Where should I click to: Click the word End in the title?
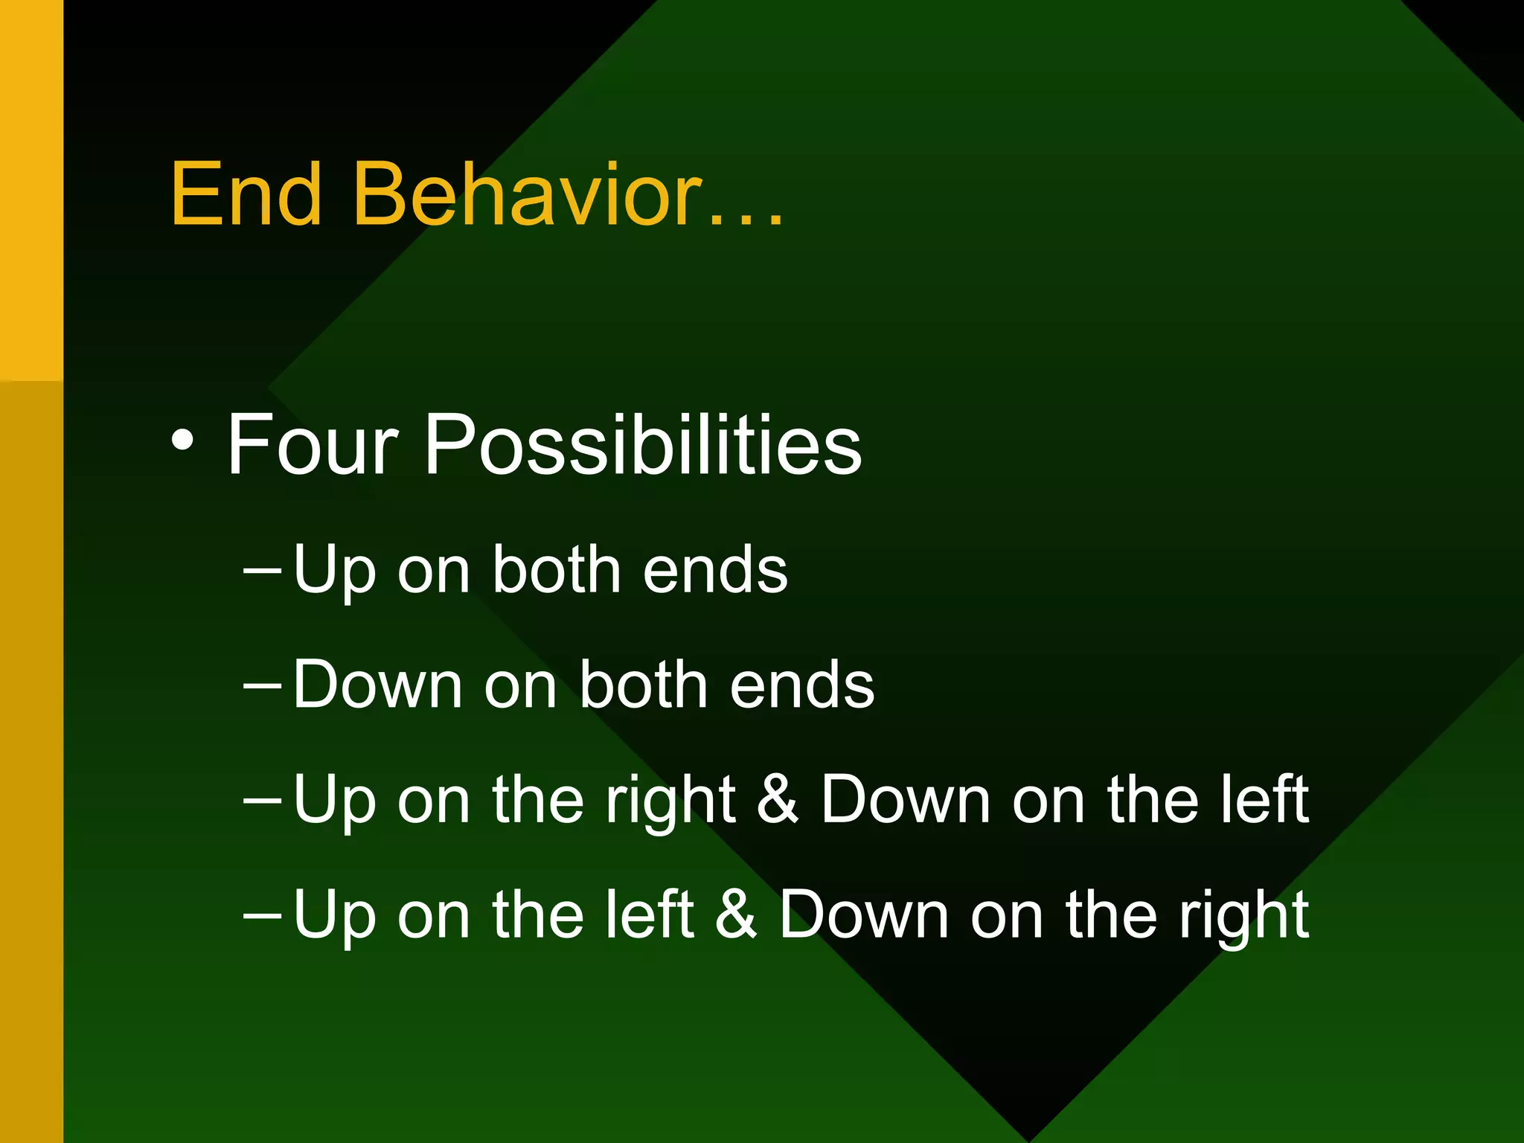pyautogui.click(x=246, y=195)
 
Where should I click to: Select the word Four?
pyautogui.click(x=313, y=445)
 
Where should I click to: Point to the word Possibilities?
pyautogui.click(x=642, y=445)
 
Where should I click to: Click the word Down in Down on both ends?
pyautogui.click(x=377, y=685)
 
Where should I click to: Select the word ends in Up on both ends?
pyautogui.click(x=714, y=571)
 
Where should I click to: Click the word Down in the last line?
pyautogui.click(x=863, y=915)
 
